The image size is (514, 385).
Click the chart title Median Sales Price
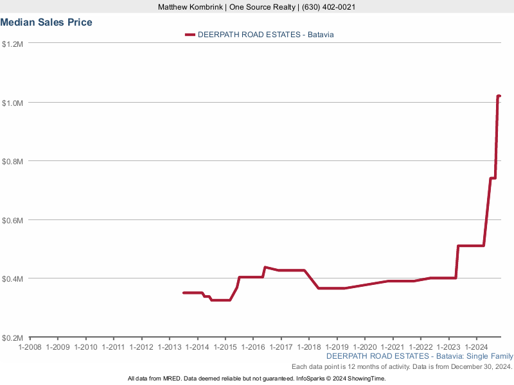[x=46, y=22]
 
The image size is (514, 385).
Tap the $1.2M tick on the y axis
[x=13, y=44]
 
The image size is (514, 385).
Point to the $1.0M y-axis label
[x=13, y=103]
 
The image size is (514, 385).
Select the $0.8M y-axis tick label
[x=13, y=162]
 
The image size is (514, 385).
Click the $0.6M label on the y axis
[x=13, y=220]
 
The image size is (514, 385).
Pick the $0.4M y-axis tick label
[x=13, y=279]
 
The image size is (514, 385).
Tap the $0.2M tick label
[x=13, y=338]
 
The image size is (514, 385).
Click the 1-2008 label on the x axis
[x=30, y=347]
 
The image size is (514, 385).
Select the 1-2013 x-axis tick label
[x=169, y=347]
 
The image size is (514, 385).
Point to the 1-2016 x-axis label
[x=253, y=347]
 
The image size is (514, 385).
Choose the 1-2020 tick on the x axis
[x=364, y=347]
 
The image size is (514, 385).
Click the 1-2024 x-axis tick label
[x=476, y=347]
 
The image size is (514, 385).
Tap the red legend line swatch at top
[x=190, y=35]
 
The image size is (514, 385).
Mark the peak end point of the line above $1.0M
[x=499, y=96]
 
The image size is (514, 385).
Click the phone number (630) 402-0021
[x=327, y=7]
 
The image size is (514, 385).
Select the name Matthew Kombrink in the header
[x=190, y=7]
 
